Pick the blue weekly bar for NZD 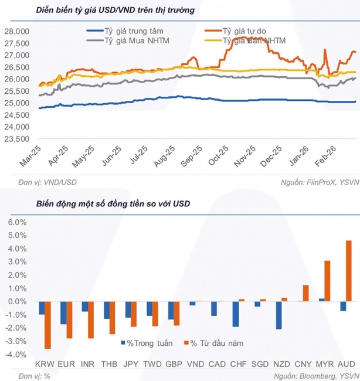pos(279,315)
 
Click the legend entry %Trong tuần pos(144,343)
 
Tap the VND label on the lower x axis pos(193,364)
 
